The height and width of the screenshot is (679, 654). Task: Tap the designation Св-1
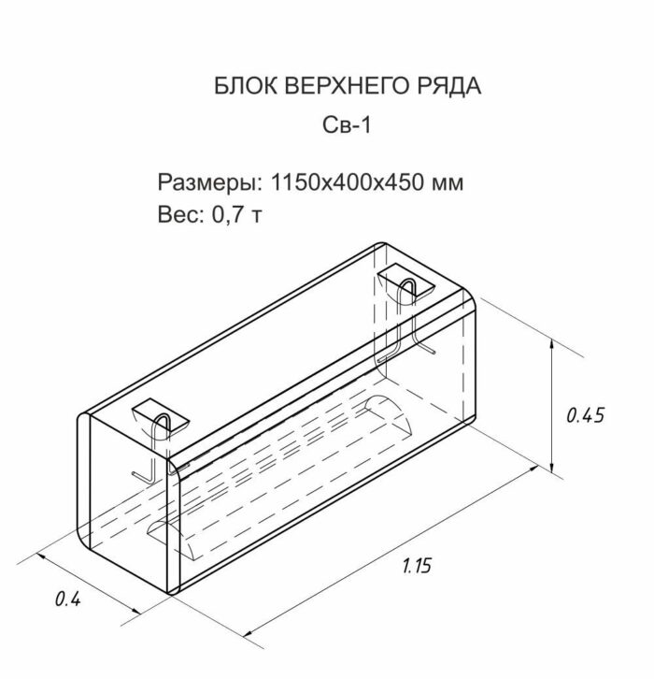(x=347, y=126)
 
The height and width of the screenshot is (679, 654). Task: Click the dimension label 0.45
(x=587, y=414)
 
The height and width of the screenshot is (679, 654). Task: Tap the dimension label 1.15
(x=418, y=565)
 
